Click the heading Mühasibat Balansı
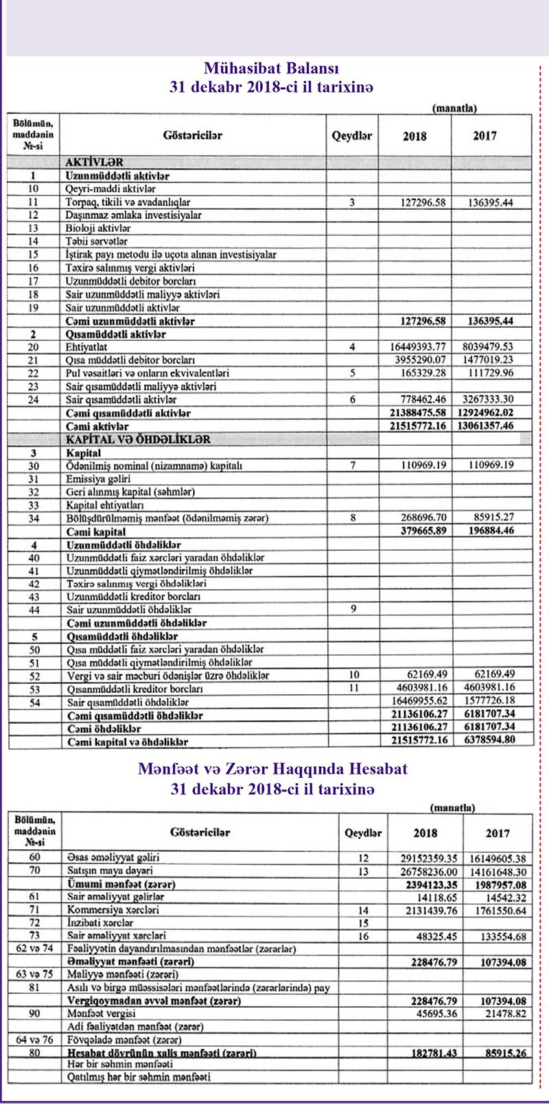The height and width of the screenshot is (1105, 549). click(x=272, y=69)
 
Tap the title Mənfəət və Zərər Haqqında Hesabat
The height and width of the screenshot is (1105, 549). click(x=272, y=769)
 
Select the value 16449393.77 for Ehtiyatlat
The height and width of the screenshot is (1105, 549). click(x=417, y=347)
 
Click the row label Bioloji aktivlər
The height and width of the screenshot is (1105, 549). click(x=98, y=228)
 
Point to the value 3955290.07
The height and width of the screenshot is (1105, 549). click(x=417, y=360)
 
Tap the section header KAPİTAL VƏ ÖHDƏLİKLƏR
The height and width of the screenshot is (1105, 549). click(x=138, y=440)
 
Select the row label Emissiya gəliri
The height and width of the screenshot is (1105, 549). click(x=98, y=479)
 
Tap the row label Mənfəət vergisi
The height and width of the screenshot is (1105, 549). click(x=101, y=1014)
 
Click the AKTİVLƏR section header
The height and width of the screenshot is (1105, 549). click(x=95, y=163)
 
